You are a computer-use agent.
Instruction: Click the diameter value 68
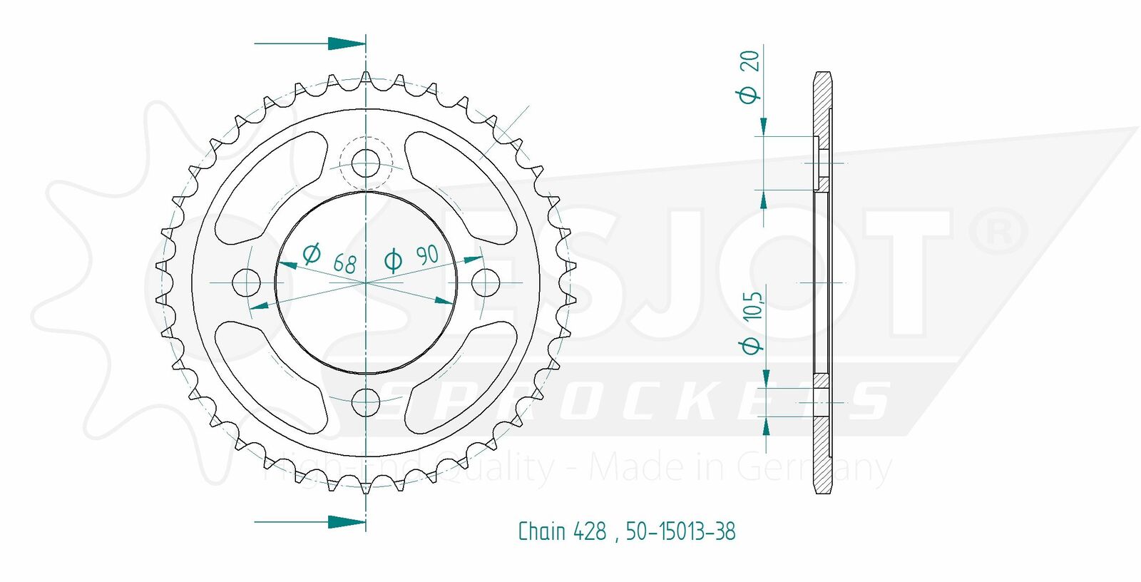(x=345, y=263)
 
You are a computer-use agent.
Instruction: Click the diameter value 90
(x=427, y=255)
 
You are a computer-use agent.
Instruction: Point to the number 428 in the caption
(x=590, y=531)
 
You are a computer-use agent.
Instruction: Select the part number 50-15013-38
(x=680, y=531)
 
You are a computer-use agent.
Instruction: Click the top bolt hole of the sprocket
(x=366, y=163)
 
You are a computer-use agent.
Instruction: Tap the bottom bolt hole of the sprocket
(x=366, y=402)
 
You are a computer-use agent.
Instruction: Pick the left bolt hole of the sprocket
(x=246, y=282)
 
